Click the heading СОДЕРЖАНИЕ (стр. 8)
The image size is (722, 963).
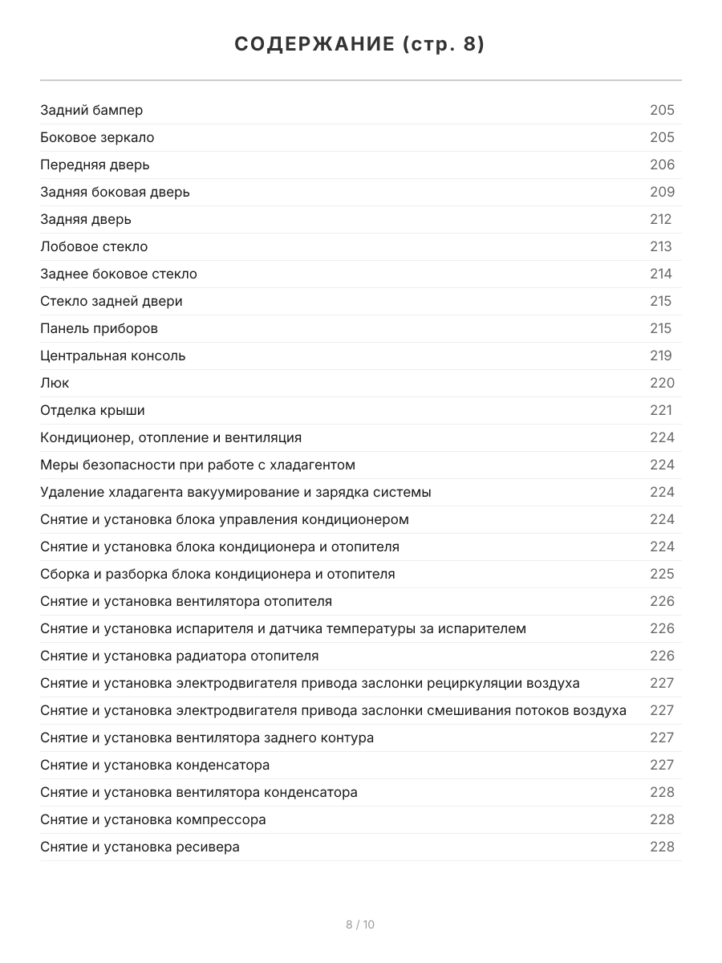[x=360, y=45]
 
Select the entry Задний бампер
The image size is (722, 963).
[x=91, y=110]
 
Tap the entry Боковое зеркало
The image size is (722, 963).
[x=97, y=137]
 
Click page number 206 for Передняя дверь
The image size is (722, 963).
[x=662, y=165]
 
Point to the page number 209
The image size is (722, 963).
[x=662, y=192]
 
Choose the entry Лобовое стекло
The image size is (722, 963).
[x=94, y=246]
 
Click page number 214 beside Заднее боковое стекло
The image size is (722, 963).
[x=660, y=274]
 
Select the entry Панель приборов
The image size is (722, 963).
[x=99, y=328]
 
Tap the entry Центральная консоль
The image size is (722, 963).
[x=112, y=356]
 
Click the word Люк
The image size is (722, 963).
[x=55, y=383]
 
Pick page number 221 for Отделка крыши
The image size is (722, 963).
[x=660, y=410]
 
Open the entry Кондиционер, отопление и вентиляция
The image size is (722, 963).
[x=171, y=437]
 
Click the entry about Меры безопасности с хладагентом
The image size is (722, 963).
[x=197, y=465]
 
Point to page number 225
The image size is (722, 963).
[x=662, y=574]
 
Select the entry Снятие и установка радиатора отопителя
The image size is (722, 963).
[x=179, y=656]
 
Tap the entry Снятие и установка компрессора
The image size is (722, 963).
[x=152, y=819]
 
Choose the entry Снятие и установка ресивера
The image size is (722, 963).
[x=140, y=847]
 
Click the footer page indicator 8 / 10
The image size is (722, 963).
[x=360, y=924]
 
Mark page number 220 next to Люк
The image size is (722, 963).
[x=662, y=383]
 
